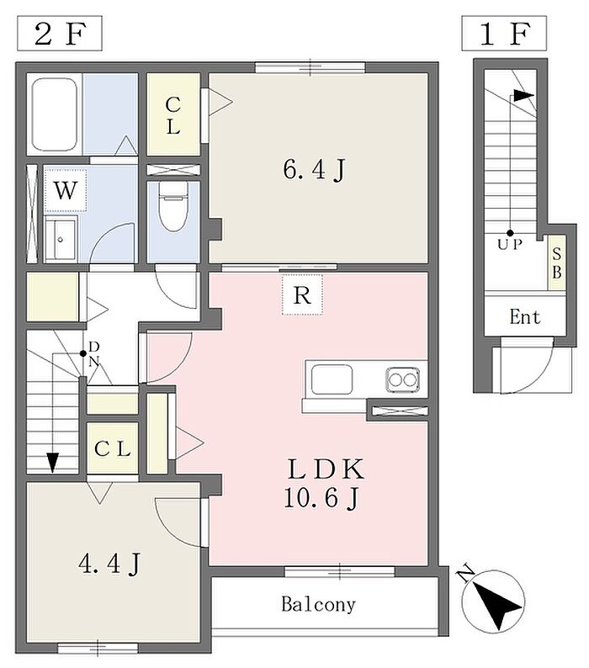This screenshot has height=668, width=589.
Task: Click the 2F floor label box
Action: point(59,33)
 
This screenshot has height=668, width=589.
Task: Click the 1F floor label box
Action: point(504,33)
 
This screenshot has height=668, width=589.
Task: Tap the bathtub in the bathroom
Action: point(55,114)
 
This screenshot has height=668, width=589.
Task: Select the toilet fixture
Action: point(173,206)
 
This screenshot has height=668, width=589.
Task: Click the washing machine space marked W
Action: point(66,189)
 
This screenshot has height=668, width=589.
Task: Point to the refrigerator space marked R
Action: point(302,294)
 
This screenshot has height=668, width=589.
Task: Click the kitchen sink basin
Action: point(332,379)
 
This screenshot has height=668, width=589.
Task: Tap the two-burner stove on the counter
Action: point(403,379)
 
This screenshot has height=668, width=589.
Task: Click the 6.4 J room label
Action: point(314,170)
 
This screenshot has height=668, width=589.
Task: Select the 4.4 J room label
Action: point(109,564)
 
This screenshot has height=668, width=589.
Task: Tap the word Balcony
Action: point(318,604)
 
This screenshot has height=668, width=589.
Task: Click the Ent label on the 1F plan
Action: point(525,317)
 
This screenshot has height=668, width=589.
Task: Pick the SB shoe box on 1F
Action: point(557,263)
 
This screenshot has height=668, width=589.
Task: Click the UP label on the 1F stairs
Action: point(510,245)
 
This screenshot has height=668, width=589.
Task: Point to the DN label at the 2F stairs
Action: point(93,354)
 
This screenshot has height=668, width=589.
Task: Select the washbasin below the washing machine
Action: point(61,239)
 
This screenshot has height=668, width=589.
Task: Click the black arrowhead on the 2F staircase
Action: point(52,462)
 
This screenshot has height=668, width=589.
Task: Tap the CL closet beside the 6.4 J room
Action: point(173,114)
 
